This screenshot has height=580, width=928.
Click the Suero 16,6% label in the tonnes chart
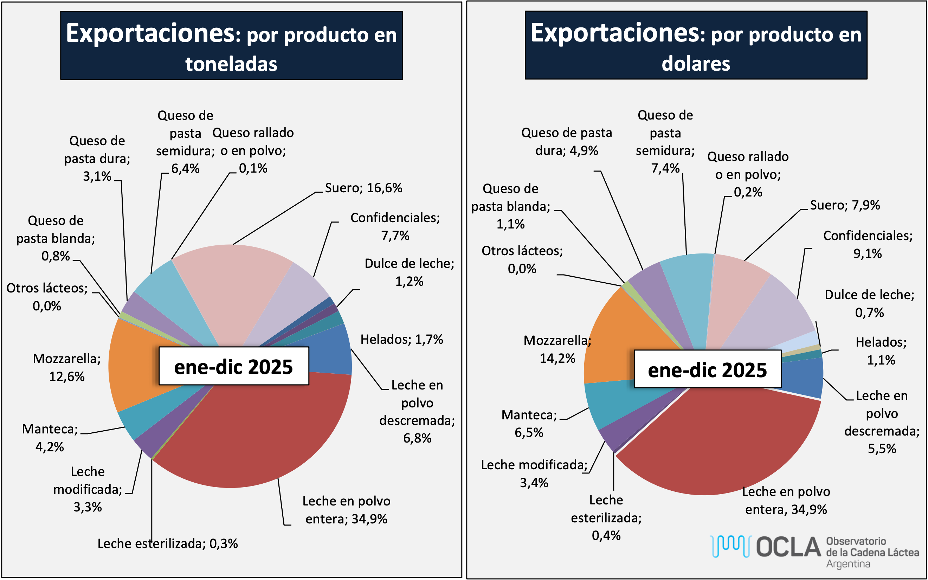click(x=363, y=188)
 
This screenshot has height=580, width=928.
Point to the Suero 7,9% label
click(x=844, y=205)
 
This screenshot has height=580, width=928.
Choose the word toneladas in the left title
click(x=231, y=64)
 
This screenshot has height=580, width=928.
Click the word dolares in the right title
click(x=696, y=63)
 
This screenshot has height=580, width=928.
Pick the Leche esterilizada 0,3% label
click(x=168, y=543)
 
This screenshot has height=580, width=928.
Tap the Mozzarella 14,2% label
click(x=557, y=349)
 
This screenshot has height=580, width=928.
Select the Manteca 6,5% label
click(x=529, y=424)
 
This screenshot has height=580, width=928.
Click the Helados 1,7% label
click(x=401, y=339)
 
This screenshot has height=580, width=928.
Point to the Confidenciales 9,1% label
click(x=868, y=244)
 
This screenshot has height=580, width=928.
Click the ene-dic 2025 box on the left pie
click(x=233, y=366)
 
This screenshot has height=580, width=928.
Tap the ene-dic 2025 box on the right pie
click(x=707, y=369)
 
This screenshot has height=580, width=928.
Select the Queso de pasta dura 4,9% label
click(x=566, y=142)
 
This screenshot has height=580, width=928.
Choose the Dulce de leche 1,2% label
click(x=409, y=272)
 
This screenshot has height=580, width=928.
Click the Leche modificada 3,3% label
click(x=88, y=489)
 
